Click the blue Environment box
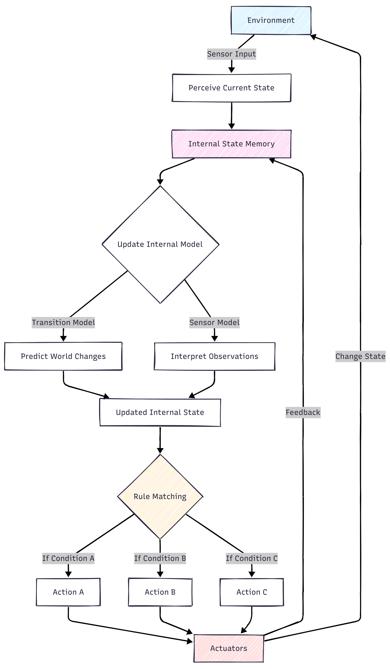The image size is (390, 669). pyautogui.click(x=271, y=21)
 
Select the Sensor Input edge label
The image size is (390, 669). pyautogui.click(x=231, y=54)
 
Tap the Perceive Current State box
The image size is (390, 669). pyautogui.click(x=231, y=88)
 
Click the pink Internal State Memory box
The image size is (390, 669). pyautogui.click(x=231, y=144)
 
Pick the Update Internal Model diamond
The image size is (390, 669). pyautogui.click(x=160, y=244)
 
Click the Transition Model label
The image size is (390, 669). pyautogui.click(x=63, y=323)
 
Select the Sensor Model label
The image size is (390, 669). pyautogui.click(x=214, y=323)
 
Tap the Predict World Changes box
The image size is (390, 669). pyautogui.click(x=63, y=356)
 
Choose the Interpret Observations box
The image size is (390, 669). pyautogui.click(x=214, y=356)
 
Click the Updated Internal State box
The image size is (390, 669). pyautogui.click(x=160, y=412)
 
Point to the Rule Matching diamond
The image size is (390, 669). pyautogui.click(x=160, y=496)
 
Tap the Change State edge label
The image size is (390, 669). pyautogui.click(x=360, y=356)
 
